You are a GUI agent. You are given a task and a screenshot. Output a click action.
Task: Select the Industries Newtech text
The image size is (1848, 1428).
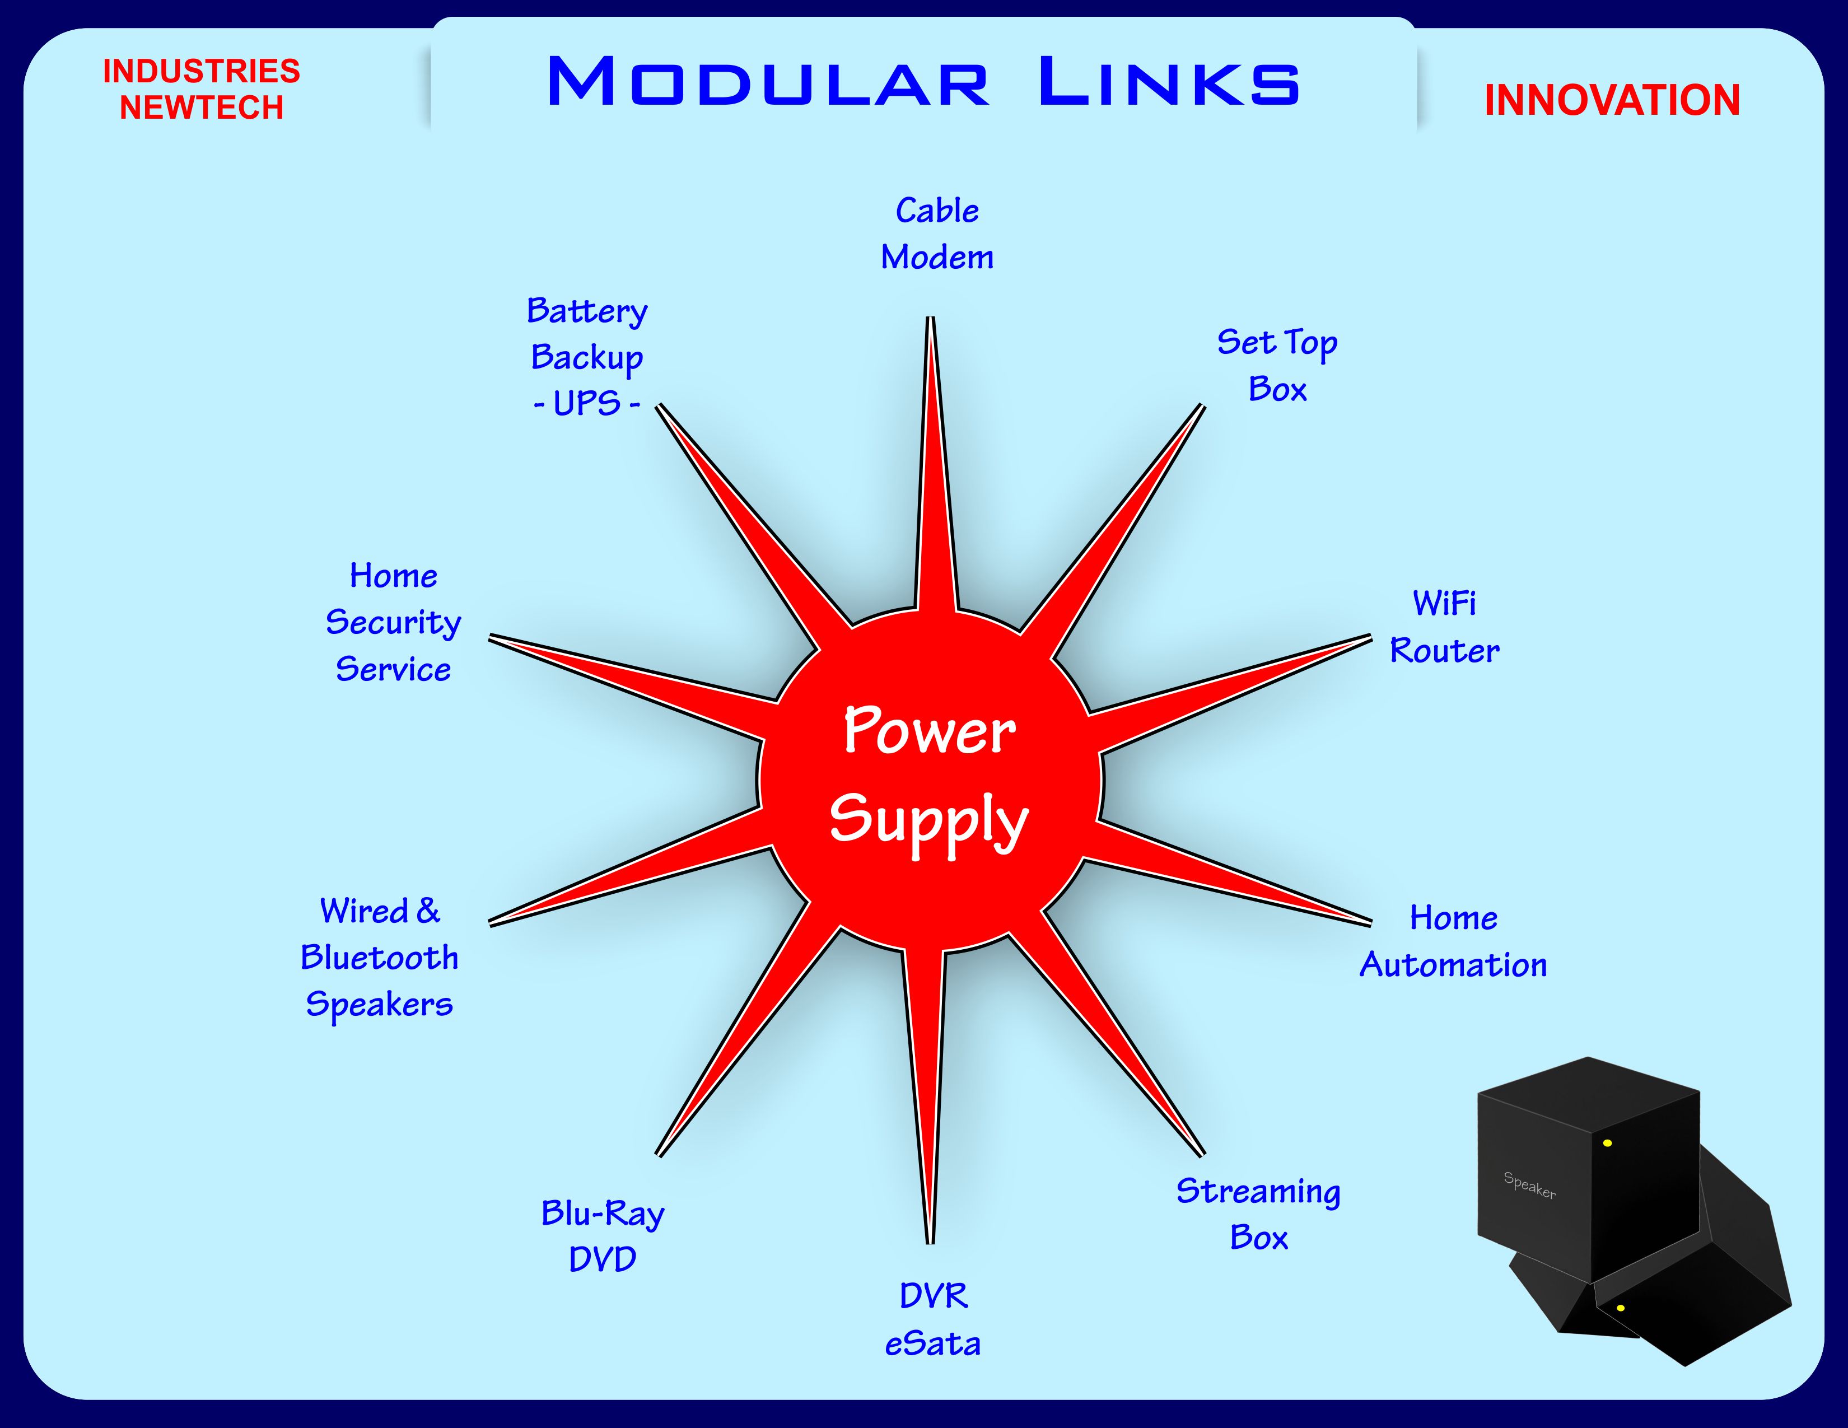tap(202, 89)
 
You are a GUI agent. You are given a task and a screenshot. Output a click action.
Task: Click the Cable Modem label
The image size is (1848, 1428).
tap(937, 234)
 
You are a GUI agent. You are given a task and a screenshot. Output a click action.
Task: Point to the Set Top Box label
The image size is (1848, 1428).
tap(1277, 366)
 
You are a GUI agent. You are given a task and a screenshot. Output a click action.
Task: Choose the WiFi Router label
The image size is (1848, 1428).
tap(1444, 627)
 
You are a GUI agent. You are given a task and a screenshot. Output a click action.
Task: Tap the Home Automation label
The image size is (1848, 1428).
tap(1453, 941)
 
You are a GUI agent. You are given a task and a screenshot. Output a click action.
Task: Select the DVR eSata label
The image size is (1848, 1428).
tap(932, 1319)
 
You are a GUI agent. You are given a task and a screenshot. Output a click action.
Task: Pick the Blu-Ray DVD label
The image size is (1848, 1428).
tap(603, 1236)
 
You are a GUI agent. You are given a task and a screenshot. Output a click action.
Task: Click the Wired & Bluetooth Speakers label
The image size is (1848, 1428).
tap(379, 958)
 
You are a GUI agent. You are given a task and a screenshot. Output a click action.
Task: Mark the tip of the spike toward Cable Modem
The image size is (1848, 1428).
tap(930, 320)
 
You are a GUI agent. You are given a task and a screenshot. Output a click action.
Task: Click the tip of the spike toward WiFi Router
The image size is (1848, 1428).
tap(1369, 638)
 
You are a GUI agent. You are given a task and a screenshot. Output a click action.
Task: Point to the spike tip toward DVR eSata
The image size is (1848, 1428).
tap(930, 1240)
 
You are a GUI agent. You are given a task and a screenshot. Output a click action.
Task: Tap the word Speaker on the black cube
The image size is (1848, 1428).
tap(1529, 1184)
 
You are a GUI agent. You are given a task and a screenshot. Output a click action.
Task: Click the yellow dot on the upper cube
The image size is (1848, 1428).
tap(1607, 1143)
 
